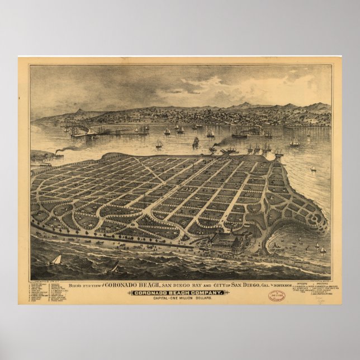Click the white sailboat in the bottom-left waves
tap(56, 260)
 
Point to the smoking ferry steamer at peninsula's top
tap(214, 149)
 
